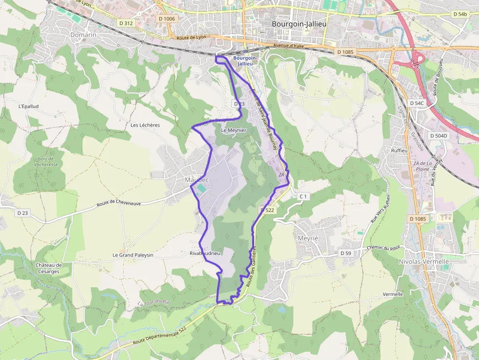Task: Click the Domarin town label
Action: coord(83,35)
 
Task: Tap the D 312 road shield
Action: coord(126,23)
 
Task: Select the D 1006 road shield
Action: coord(167,19)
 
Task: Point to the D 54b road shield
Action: coord(460,14)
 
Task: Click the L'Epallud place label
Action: coord(28,106)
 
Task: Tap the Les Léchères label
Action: coord(145,125)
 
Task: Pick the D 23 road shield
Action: coord(22,213)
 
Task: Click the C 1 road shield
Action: coord(303,196)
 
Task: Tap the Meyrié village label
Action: coord(308,238)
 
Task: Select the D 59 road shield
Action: coord(346,253)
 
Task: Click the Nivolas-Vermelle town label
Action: coord(424,262)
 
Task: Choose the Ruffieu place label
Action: coord(399,150)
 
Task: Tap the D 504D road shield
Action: coord(438,135)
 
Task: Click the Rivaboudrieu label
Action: coord(205,254)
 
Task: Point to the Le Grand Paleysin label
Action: coord(133,255)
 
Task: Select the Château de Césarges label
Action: coord(47,268)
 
